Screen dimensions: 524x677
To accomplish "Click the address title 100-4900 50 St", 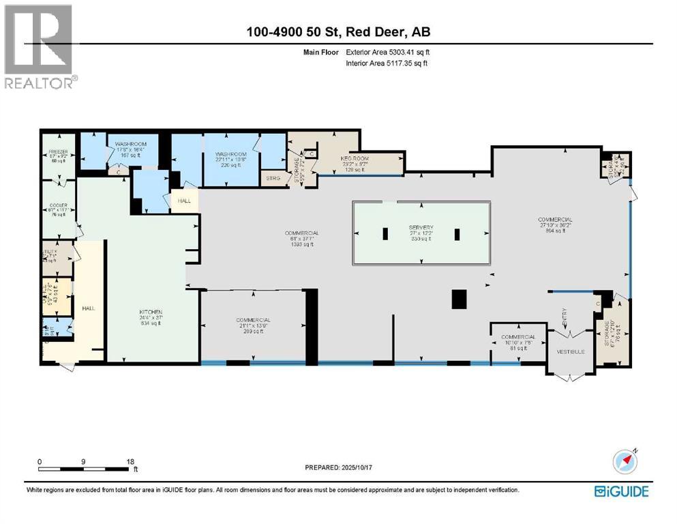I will [x=337, y=32].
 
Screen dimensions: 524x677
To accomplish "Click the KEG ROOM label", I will [x=355, y=157].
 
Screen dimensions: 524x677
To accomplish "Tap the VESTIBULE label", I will [x=571, y=351].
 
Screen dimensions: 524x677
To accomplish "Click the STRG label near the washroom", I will [x=272, y=180].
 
